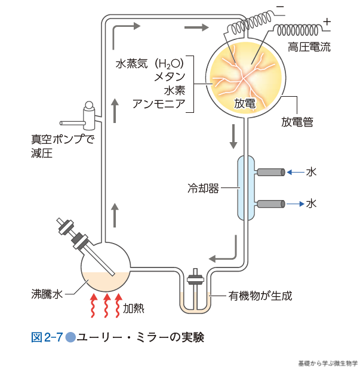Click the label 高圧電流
click(x=308, y=46)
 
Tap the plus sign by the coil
click(x=326, y=21)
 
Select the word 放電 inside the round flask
click(x=245, y=103)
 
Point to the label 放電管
click(x=297, y=122)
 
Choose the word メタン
click(x=169, y=76)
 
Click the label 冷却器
click(x=202, y=189)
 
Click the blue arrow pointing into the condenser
click(x=294, y=173)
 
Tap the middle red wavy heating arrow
click(x=107, y=305)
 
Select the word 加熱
click(x=134, y=309)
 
